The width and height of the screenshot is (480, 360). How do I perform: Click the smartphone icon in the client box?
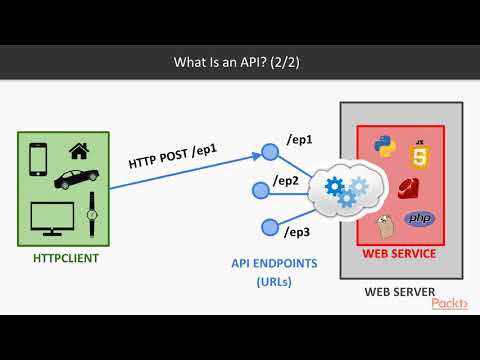(39, 159)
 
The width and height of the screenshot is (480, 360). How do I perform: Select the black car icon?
(74, 179)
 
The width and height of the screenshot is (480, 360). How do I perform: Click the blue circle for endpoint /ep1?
(269, 152)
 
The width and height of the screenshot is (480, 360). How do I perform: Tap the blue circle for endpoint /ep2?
(269, 189)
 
